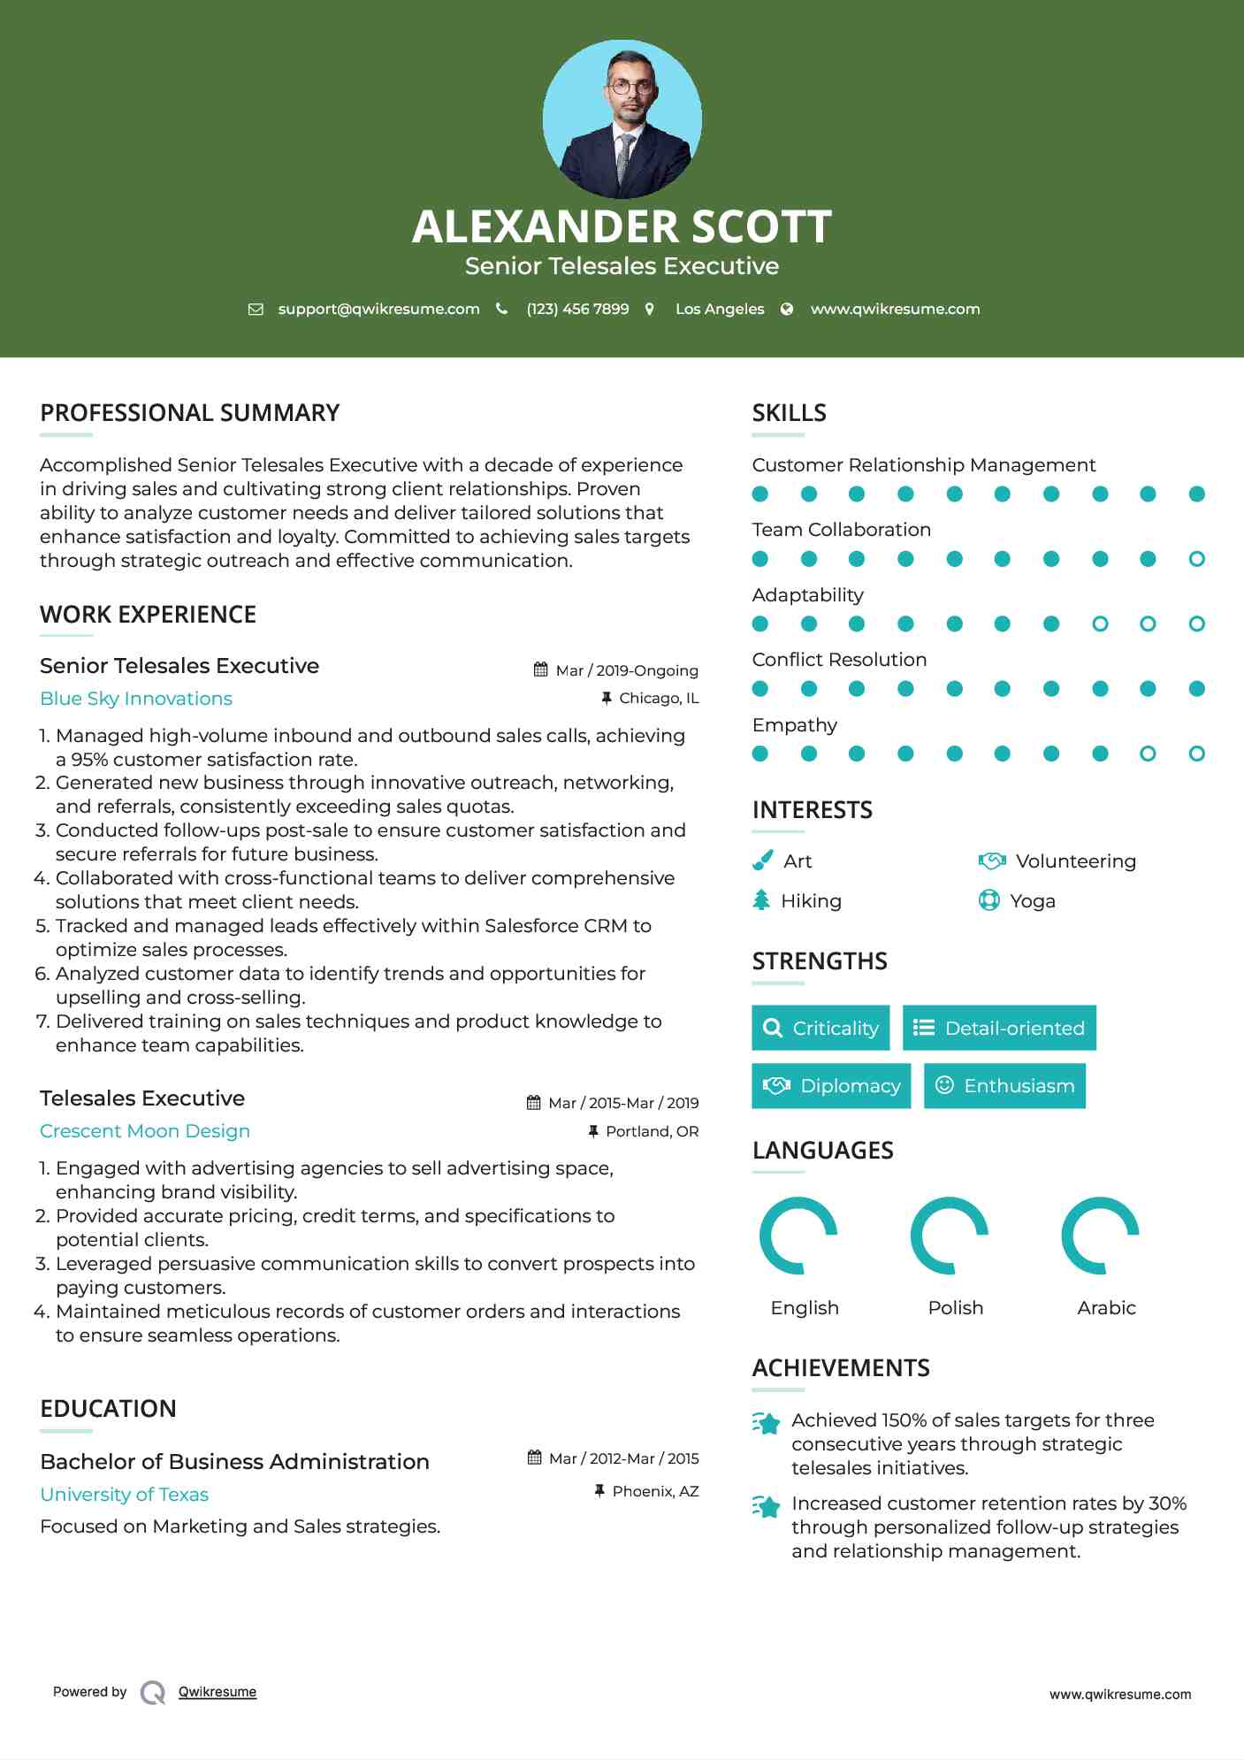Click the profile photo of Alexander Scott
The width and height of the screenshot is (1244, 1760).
coord(622,119)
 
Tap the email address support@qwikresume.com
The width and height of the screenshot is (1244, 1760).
coord(378,310)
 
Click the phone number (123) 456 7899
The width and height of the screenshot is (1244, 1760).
coord(577,310)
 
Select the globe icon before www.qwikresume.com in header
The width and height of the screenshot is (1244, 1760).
coord(787,310)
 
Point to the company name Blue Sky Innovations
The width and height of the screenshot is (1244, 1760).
coord(136,699)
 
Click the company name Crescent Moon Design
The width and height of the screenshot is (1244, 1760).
coord(145,1131)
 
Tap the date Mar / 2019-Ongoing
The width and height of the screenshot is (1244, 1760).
coord(626,670)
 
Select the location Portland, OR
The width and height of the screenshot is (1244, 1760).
coord(652,1132)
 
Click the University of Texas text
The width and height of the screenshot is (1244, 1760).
coord(125,1495)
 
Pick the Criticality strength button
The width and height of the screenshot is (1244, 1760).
coord(820,1028)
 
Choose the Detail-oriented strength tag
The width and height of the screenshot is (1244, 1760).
coord(999,1028)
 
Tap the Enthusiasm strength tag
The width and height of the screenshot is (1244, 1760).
coord(1004,1086)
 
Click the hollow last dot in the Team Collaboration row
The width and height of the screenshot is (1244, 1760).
coord(1196,559)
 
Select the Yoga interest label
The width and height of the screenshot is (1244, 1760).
coord(1033,901)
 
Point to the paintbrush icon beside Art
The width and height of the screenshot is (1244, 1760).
coord(762,861)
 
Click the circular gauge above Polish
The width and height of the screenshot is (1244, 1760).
coord(949,1236)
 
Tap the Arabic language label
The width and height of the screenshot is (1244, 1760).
coord(1106,1308)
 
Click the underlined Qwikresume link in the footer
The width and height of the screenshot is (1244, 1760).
coord(218,1692)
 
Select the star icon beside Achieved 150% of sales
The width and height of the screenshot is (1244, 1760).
coord(767,1423)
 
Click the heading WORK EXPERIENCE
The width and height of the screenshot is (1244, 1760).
coord(148,615)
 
